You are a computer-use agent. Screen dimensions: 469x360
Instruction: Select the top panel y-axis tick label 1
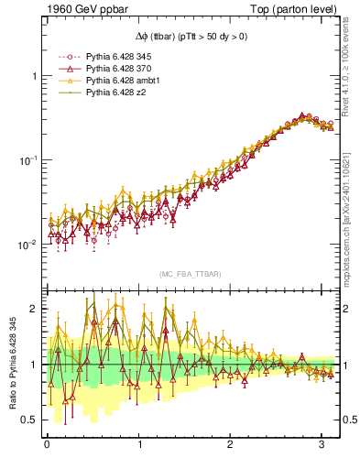click(x=34, y=76)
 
